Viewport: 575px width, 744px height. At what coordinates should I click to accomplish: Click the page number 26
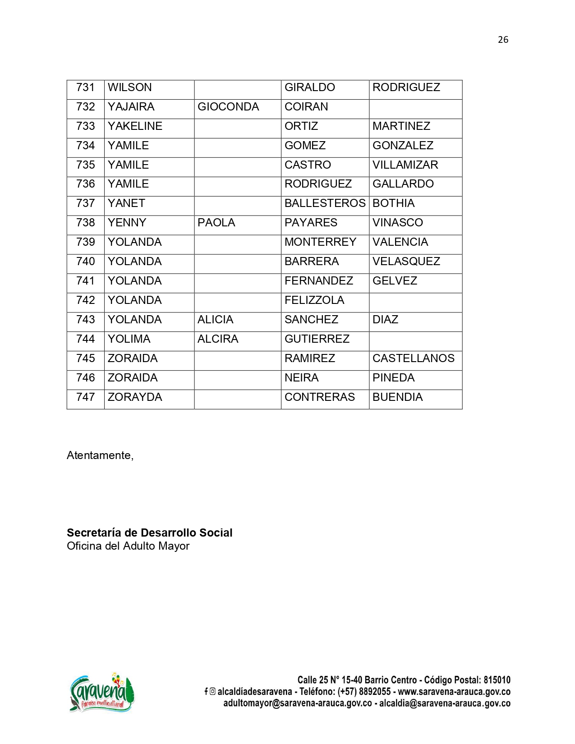503,40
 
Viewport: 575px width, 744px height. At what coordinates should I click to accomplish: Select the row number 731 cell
86,87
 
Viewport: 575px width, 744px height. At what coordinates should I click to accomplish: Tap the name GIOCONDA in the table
228,107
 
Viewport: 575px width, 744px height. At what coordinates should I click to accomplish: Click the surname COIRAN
306,107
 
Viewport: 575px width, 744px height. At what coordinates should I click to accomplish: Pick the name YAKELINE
135,126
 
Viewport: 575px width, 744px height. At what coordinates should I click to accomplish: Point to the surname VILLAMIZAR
405,165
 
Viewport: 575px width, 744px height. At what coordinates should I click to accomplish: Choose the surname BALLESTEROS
325,203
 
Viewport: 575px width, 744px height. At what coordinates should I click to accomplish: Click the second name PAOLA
216,223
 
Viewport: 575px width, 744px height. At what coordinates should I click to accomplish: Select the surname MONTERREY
320,242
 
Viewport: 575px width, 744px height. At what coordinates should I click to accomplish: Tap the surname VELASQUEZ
406,262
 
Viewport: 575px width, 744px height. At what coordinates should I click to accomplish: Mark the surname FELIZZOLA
314,300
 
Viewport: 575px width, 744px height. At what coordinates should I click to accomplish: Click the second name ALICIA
216,320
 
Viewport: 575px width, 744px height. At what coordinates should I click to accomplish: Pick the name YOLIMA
129,339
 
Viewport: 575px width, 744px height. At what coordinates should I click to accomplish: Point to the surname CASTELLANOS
413,358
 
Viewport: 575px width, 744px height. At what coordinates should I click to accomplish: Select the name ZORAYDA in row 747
135,397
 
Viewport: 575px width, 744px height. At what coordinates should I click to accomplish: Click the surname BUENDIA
397,397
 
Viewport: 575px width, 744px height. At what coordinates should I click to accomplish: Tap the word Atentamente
100,455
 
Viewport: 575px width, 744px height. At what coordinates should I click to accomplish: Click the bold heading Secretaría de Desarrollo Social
149,533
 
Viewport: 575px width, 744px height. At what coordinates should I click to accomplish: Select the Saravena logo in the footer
102,693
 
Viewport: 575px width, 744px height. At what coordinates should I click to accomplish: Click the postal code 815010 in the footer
497,680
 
